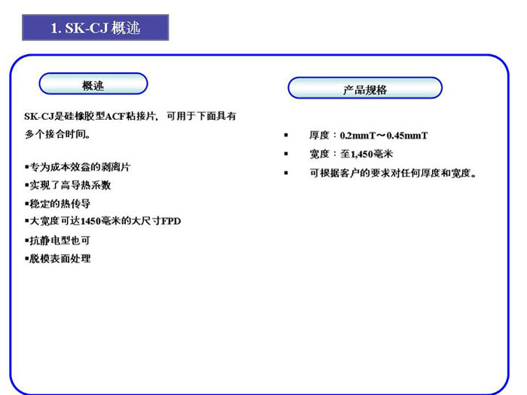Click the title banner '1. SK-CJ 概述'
click(96, 28)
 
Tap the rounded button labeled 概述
click(93, 84)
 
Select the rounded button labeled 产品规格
click(365, 88)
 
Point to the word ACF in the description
click(115, 116)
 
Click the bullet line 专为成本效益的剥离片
click(78, 167)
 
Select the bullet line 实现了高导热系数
click(68, 185)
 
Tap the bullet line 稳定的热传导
click(58, 204)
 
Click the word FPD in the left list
click(171, 221)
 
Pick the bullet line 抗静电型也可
click(58, 240)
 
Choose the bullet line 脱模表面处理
click(58, 259)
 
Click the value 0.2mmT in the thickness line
click(357, 136)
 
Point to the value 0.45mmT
click(407, 136)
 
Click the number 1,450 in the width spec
click(362, 155)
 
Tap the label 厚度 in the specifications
click(319, 136)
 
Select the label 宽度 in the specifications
click(319, 155)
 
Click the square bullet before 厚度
click(286, 135)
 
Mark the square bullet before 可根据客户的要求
click(286, 173)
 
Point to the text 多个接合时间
click(57, 134)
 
